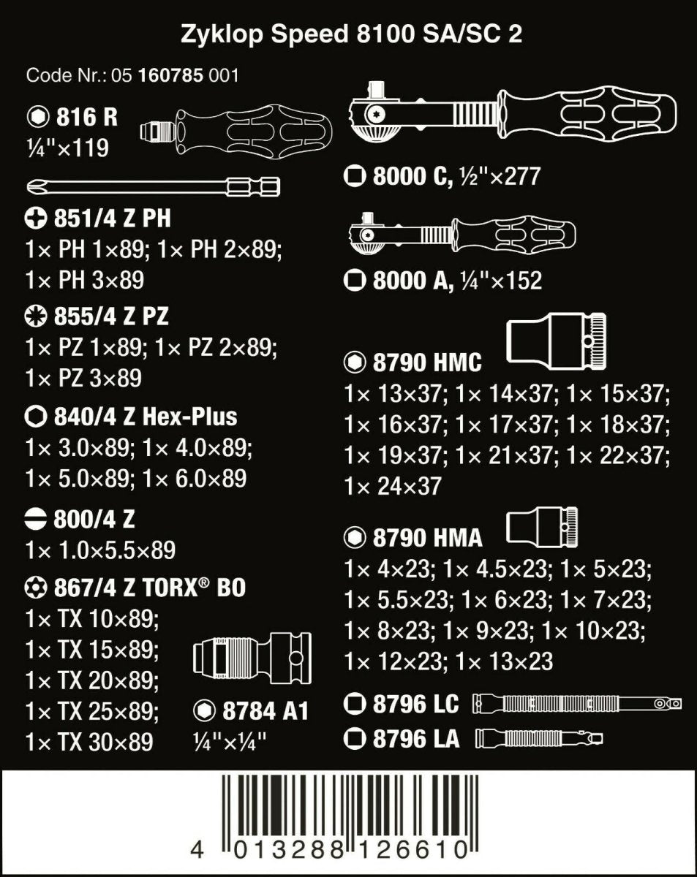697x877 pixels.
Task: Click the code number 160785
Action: (x=170, y=75)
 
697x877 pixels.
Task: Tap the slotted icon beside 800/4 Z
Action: (x=37, y=520)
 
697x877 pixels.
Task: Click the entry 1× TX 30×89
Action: (x=89, y=742)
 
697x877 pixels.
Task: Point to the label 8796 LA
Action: (x=415, y=738)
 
